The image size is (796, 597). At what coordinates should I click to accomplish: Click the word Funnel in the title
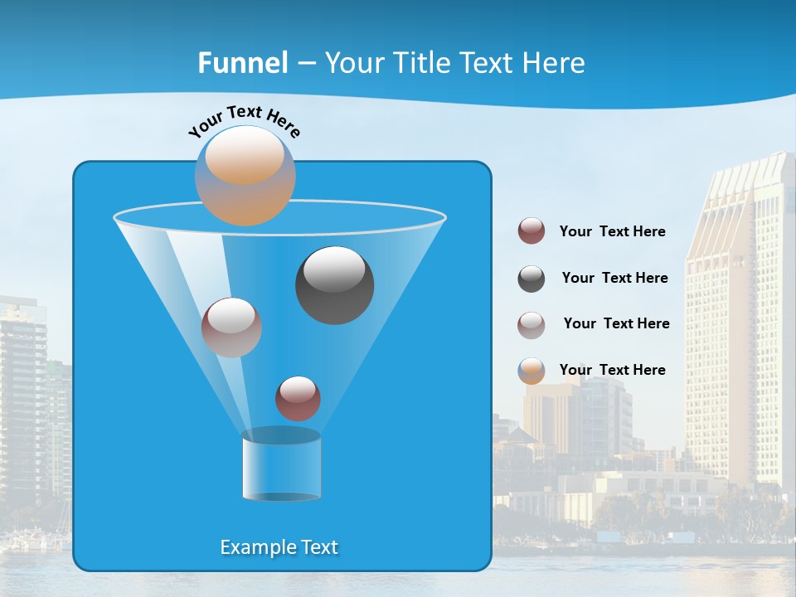[242, 63]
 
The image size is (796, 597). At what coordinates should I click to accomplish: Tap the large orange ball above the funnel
[245, 175]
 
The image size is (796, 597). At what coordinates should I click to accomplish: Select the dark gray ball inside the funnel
[335, 285]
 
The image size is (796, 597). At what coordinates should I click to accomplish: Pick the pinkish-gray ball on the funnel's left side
[231, 328]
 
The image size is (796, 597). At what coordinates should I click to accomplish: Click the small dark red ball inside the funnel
[298, 398]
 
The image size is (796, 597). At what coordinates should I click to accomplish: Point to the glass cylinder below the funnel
[281, 465]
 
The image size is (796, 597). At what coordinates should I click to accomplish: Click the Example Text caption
[279, 547]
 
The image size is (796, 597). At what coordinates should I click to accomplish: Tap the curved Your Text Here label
[245, 119]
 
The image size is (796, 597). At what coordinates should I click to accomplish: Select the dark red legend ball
[531, 231]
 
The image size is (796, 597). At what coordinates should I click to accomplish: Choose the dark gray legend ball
[531, 279]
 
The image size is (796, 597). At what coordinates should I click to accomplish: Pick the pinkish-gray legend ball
[531, 325]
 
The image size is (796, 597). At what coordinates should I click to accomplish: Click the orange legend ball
[531, 371]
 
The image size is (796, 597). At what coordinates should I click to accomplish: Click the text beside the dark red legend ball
[612, 231]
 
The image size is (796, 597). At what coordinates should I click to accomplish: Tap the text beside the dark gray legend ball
[614, 278]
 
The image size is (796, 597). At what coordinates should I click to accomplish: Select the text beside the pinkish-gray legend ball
[616, 323]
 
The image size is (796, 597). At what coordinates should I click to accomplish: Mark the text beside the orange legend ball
[612, 370]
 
